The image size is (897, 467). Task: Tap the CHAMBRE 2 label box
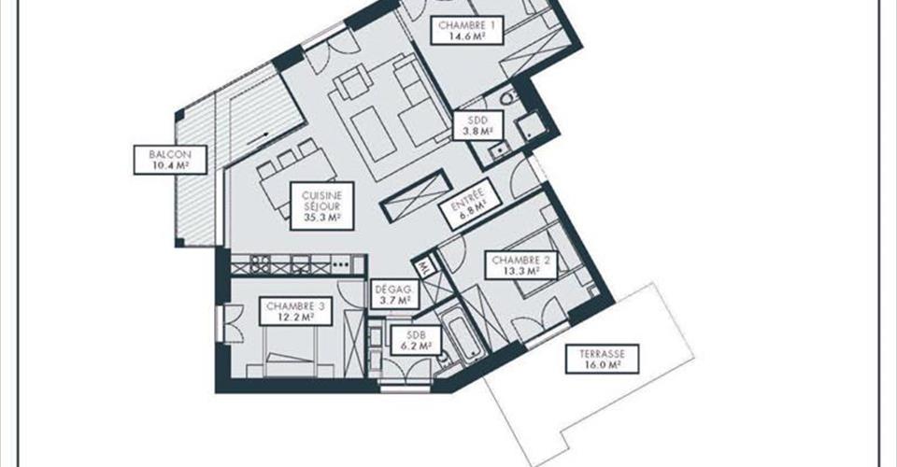(x=521, y=264)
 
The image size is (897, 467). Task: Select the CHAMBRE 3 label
(x=296, y=312)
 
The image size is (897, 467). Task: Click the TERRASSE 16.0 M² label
(x=603, y=359)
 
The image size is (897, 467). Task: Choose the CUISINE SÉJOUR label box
(x=322, y=206)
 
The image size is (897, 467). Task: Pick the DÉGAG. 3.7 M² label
(x=394, y=294)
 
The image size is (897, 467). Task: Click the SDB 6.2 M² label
(x=416, y=341)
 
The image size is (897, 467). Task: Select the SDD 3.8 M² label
(x=477, y=125)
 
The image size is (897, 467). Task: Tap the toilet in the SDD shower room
(x=508, y=98)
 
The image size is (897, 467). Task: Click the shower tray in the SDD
(x=529, y=126)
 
